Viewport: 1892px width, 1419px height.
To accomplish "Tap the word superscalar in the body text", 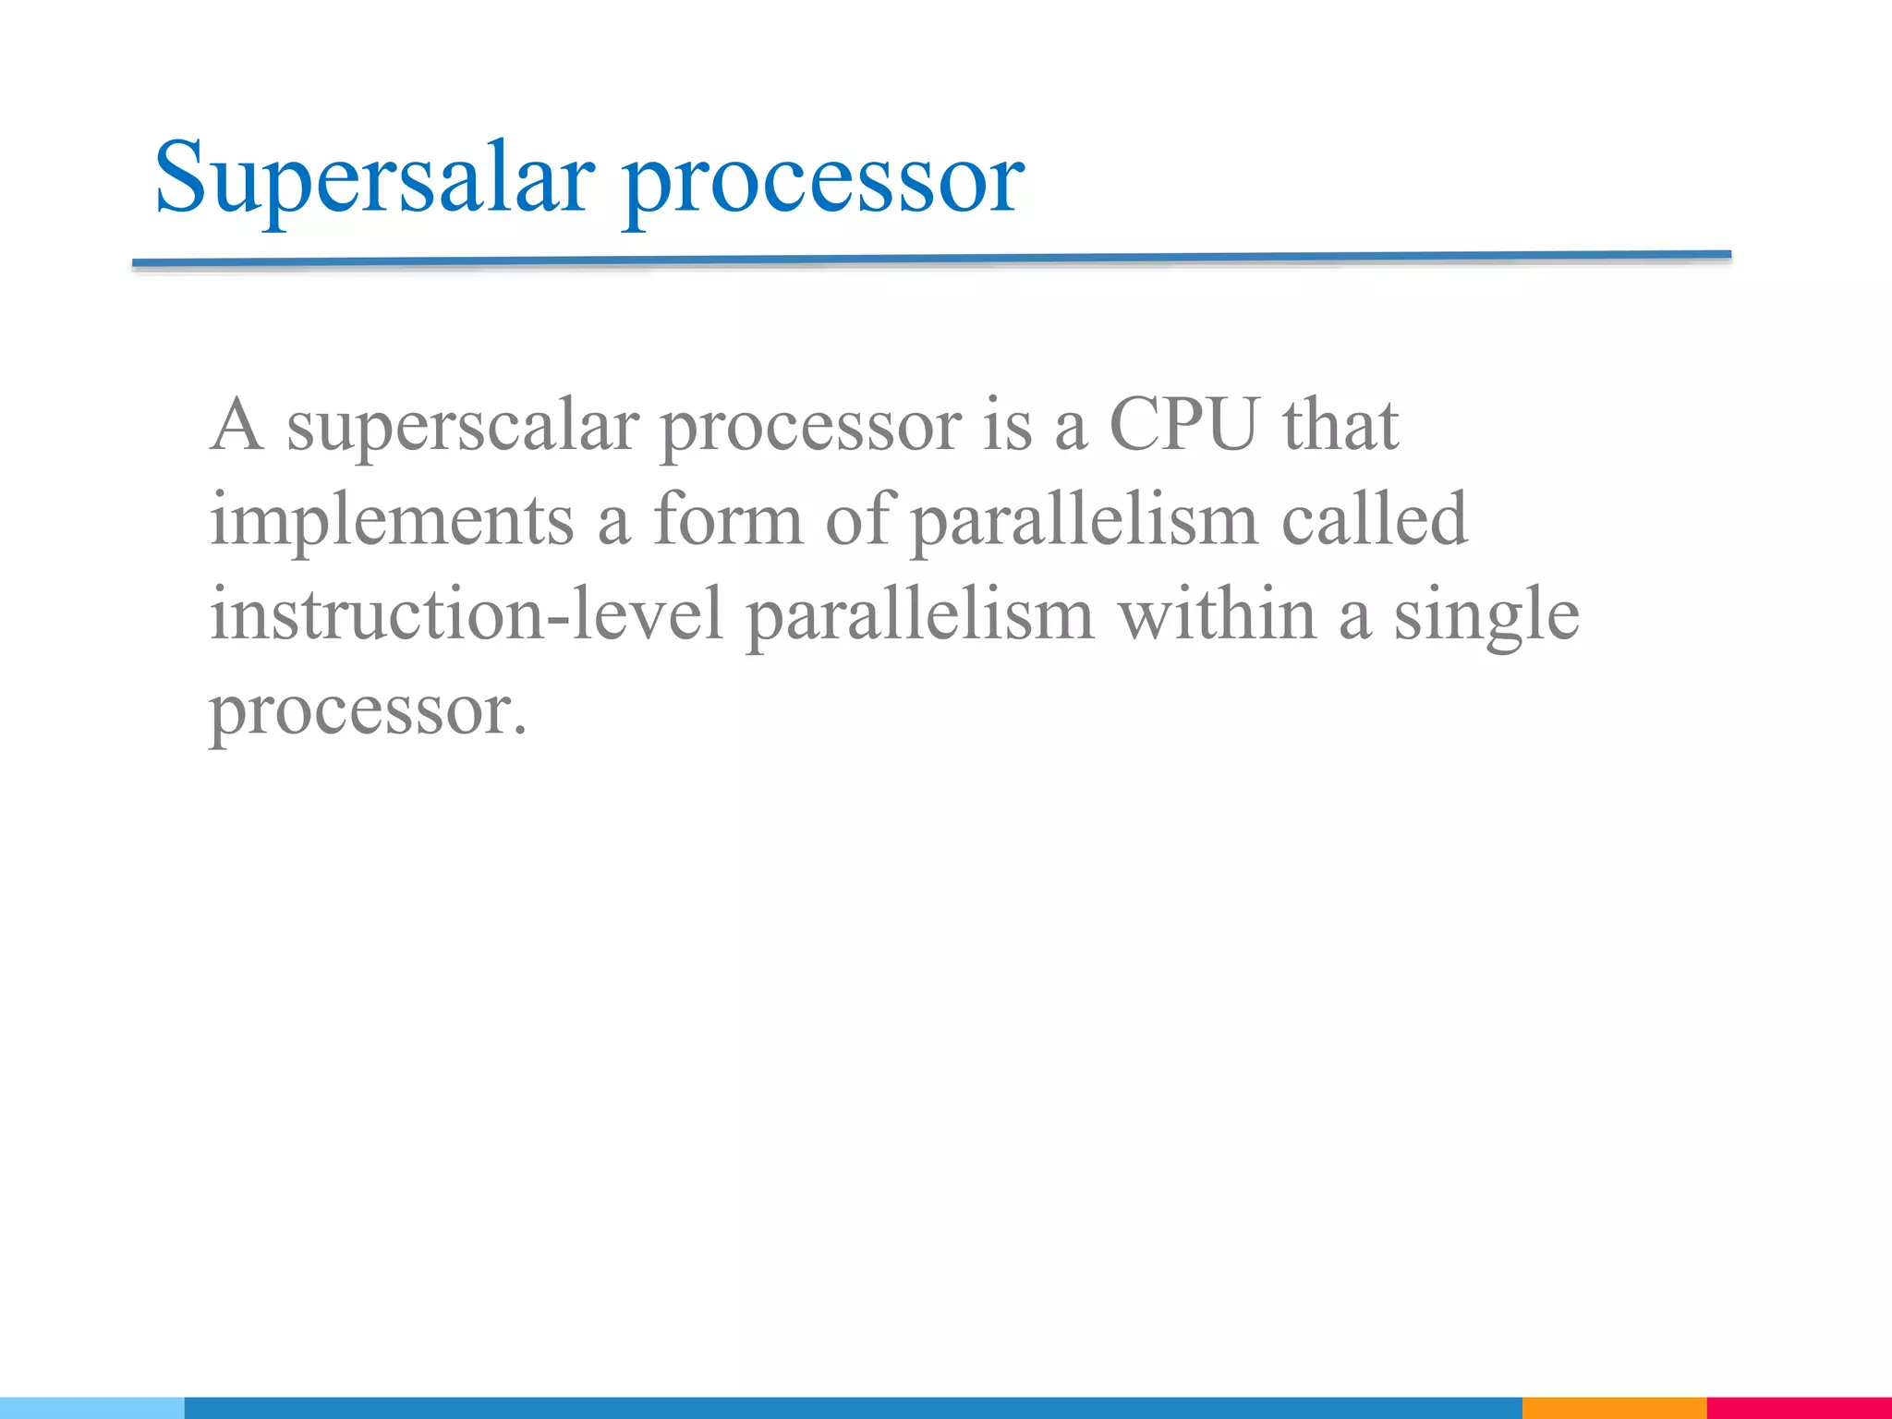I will pyautogui.click(x=462, y=427).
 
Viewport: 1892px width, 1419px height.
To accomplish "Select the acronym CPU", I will pyautogui.click(x=1184, y=425).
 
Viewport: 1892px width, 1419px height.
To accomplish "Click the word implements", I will pyautogui.click(x=392, y=521).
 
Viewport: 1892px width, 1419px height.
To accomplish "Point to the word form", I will pyautogui.click(x=728, y=519).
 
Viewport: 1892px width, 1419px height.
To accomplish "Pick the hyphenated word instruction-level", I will pyautogui.click(x=467, y=615).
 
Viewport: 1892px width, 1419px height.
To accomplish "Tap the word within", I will pyautogui.click(x=1218, y=615).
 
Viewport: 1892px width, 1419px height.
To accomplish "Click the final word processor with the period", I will pyautogui.click(x=368, y=713).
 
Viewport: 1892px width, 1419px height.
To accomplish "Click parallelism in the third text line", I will pyautogui.click(x=920, y=617).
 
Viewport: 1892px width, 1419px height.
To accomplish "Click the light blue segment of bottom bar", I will pyautogui.click(x=91, y=1408).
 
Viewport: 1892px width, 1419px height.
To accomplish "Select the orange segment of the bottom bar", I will pyautogui.click(x=1613, y=1408).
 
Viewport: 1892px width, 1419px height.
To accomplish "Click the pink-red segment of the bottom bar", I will pyautogui.click(x=1799, y=1408).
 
